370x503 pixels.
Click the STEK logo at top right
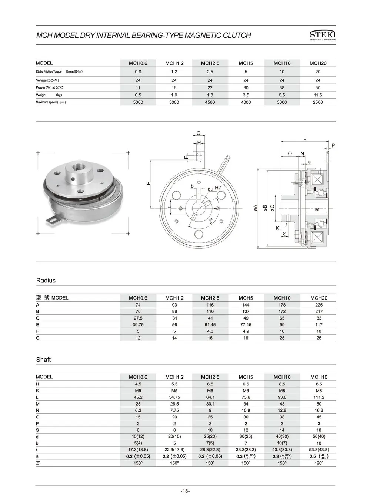[x=322, y=35]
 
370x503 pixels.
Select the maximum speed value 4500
[x=210, y=102]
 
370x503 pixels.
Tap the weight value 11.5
[x=318, y=95]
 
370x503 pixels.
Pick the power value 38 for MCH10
[x=282, y=88]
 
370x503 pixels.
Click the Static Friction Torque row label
[x=49, y=72]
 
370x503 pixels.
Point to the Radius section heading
[x=46, y=281]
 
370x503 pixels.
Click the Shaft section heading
[x=43, y=360]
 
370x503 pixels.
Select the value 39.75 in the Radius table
[x=138, y=325]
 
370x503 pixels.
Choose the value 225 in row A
[x=319, y=305]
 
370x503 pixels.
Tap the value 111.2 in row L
[x=319, y=397]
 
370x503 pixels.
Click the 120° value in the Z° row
[x=319, y=463]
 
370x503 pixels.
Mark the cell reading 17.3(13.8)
[x=138, y=450]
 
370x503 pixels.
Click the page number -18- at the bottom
[x=185, y=491]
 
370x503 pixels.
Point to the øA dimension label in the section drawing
[x=256, y=208]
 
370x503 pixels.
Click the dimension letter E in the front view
[x=148, y=183]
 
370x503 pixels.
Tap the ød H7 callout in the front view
[x=214, y=188]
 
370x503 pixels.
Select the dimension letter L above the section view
[x=304, y=138]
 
